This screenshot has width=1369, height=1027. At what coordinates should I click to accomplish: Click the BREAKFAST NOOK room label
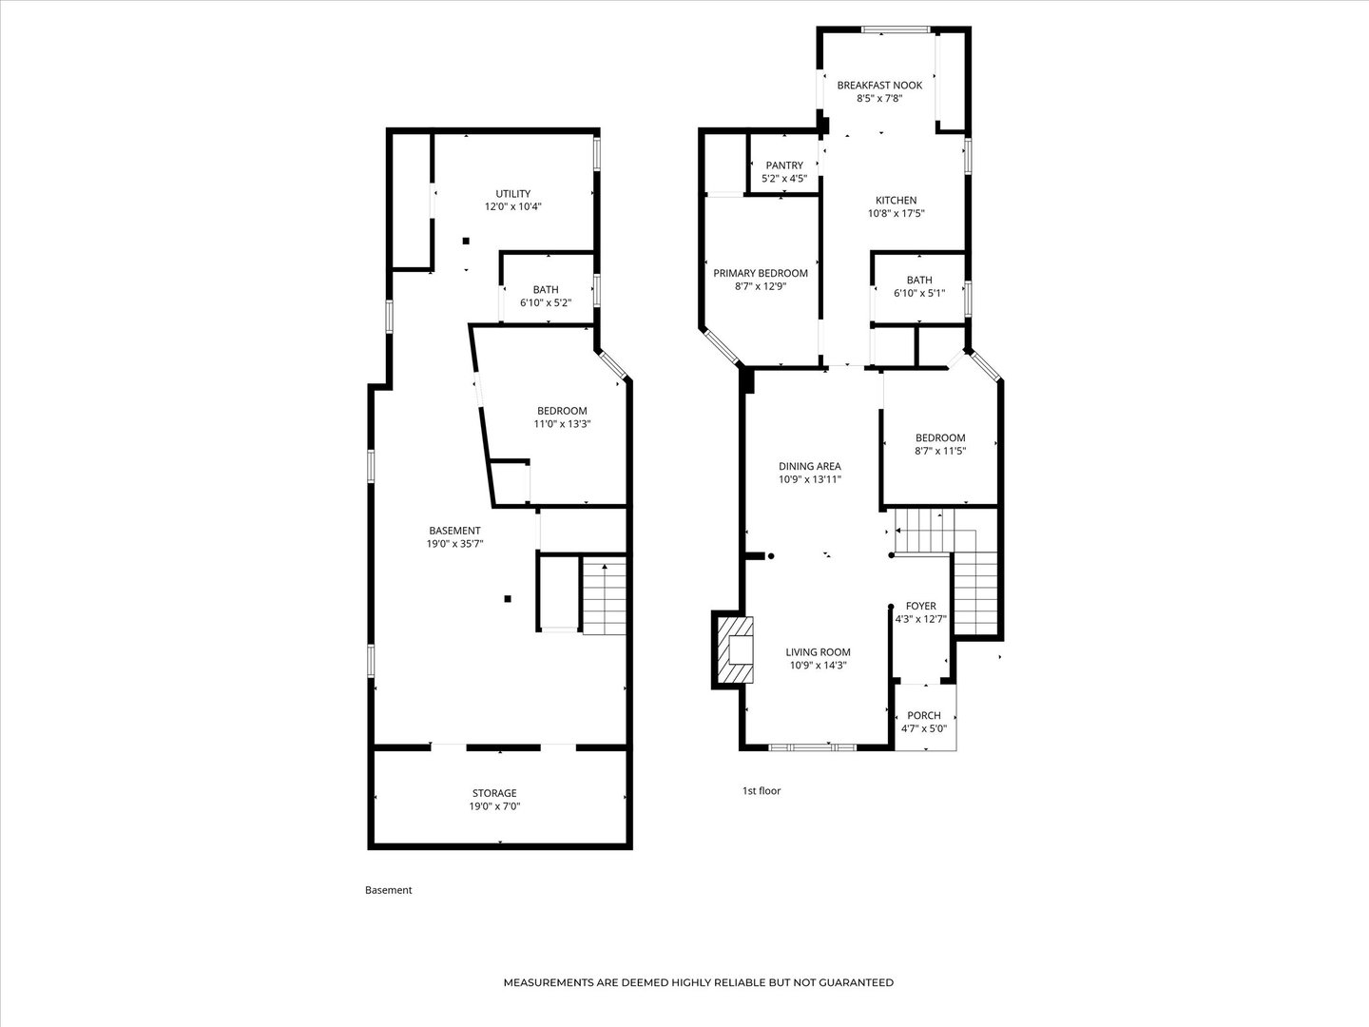(879, 86)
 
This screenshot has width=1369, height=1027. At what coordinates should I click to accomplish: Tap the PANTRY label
(784, 165)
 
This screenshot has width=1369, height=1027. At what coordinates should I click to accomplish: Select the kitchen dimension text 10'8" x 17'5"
(896, 213)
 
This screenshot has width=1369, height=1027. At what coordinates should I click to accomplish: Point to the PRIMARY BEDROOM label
(761, 273)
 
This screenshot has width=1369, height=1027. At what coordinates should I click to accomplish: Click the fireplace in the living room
(735, 651)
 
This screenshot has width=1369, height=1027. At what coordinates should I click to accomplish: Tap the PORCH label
(924, 715)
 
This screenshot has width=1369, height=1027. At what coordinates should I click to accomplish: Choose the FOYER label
(920, 606)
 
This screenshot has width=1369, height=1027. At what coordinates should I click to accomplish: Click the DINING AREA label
(810, 466)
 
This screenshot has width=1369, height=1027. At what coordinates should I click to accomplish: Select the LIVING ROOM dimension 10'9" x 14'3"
(818, 665)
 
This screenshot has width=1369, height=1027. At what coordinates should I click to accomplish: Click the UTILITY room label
(512, 193)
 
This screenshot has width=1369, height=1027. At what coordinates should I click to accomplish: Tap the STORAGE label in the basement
(494, 792)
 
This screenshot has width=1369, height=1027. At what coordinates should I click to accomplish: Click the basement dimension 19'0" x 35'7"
(454, 544)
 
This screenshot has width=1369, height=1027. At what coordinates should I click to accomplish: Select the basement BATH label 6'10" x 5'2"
(546, 296)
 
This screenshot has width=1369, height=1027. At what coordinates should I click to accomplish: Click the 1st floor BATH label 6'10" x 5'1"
(919, 287)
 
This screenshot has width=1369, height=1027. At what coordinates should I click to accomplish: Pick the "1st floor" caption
(761, 790)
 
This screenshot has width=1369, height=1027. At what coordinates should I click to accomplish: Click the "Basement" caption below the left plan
(388, 890)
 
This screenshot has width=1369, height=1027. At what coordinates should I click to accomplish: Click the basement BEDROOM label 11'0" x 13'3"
(562, 417)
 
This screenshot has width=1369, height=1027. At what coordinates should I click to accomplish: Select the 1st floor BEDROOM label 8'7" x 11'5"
(940, 444)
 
